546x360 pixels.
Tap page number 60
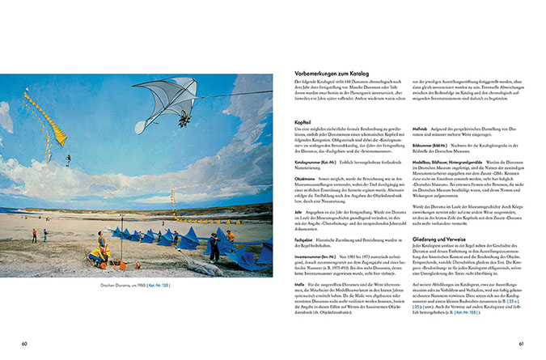click(x=25, y=342)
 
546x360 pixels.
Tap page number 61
click(x=522, y=342)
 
